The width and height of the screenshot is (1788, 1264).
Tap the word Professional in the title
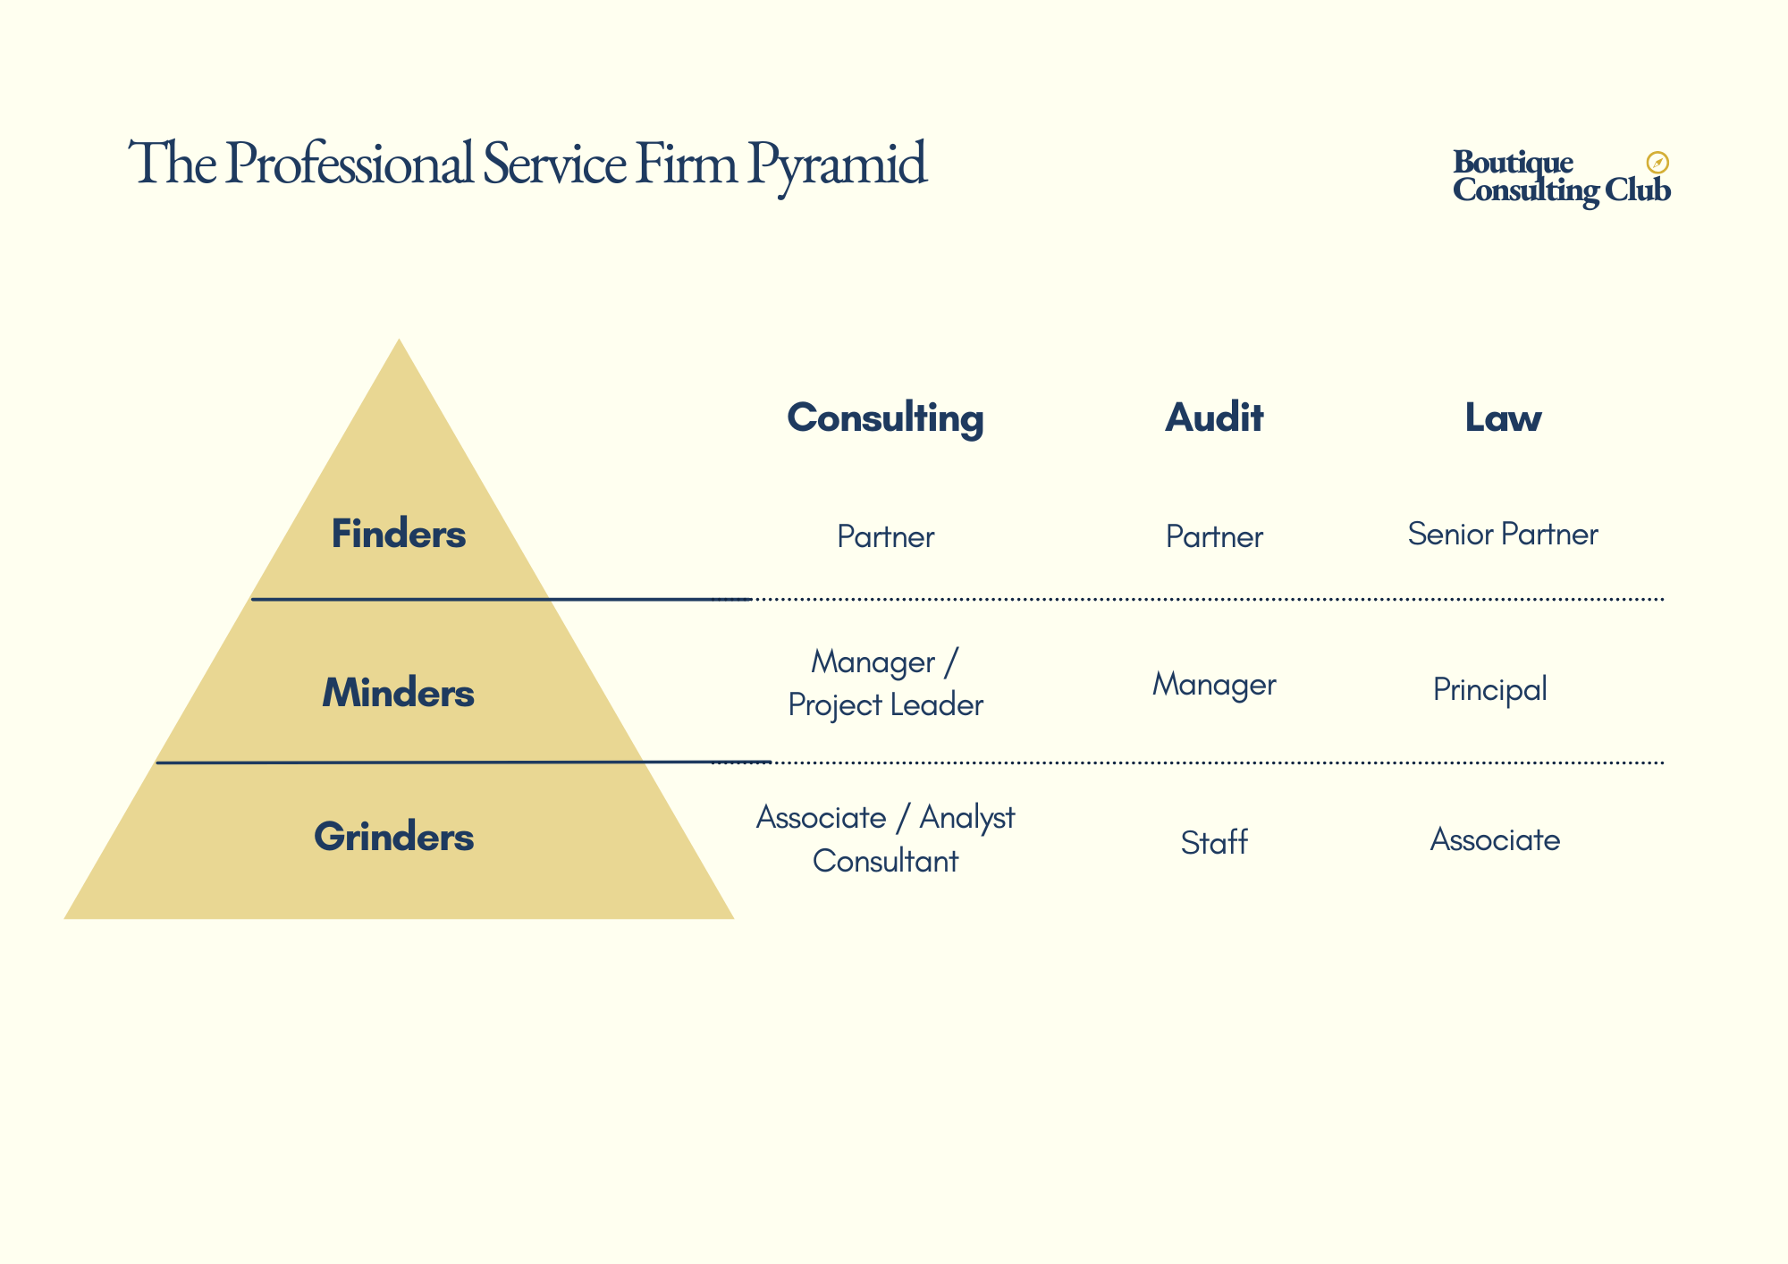pos(349,164)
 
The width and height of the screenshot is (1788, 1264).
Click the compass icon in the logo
pos(1657,163)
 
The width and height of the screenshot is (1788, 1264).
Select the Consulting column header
pos(885,417)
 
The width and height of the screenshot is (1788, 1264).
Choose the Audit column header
pos(1214,417)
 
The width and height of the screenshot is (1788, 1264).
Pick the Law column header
pos(1503,417)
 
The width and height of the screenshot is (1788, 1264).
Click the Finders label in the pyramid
pos(399,534)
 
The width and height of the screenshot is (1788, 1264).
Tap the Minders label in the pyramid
pos(399,693)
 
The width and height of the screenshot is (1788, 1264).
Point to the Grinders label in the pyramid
pos(394,837)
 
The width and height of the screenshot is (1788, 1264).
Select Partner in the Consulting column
pos(885,536)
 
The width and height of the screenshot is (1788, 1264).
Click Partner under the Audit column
pos(1214,536)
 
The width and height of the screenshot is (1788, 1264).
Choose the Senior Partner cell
pos(1503,534)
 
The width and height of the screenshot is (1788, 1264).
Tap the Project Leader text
pos(885,705)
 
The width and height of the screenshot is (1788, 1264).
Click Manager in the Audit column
pos(1214,685)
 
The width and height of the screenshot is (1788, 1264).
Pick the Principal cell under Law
pos(1490,689)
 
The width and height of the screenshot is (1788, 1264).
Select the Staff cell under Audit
pos(1214,842)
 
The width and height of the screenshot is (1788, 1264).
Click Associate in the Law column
pos(1495,839)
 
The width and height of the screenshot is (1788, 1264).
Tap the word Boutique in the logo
pos(1513,163)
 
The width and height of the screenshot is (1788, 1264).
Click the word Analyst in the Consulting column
pos(967,818)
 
